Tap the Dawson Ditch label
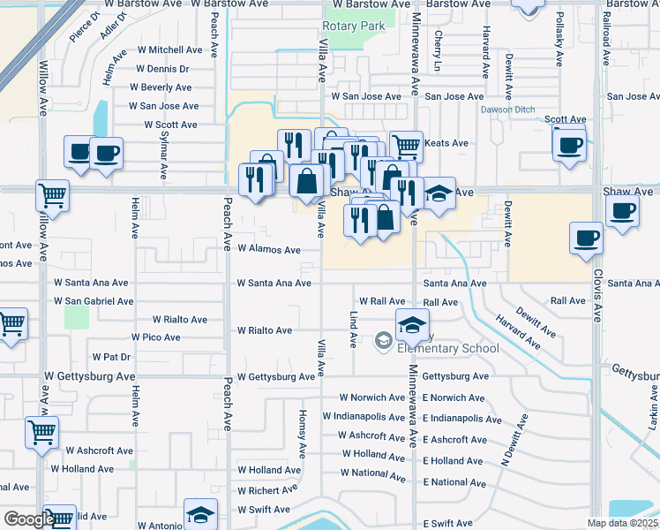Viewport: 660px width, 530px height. pyautogui.click(x=507, y=110)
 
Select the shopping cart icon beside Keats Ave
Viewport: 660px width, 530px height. pyautogui.click(x=405, y=146)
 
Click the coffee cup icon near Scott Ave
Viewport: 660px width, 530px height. pyautogui.click(x=569, y=142)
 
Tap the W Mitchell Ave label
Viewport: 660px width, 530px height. pyautogui.click(x=169, y=50)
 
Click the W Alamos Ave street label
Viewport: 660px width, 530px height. pyautogui.click(x=269, y=250)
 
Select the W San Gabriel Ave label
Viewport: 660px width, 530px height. pyautogui.click(x=94, y=301)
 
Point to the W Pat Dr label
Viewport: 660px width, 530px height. pyautogui.click(x=111, y=357)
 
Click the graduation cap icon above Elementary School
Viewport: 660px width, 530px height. pyautogui.click(x=411, y=325)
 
